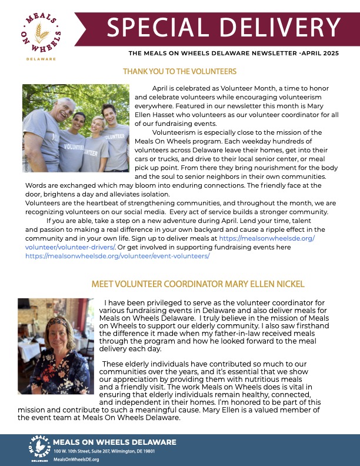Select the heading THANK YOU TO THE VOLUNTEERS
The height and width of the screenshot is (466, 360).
(x=179, y=71)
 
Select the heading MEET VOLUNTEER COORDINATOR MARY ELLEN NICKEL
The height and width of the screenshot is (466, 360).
(x=198, y=284)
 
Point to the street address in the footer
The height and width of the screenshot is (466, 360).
(x=105, y=451)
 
